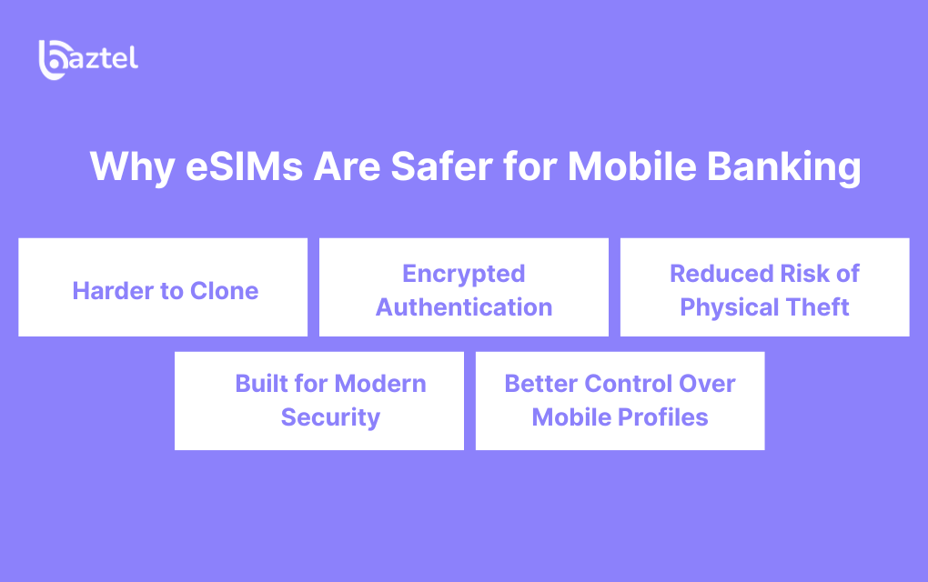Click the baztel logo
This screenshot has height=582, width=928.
[88, 60]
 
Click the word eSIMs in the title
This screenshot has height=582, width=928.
[244, 166]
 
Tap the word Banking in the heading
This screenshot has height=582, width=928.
[783, 167]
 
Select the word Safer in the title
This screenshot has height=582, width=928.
[441, 166]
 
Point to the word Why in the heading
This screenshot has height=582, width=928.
[132, 168]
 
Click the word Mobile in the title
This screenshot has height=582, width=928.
[632, 166]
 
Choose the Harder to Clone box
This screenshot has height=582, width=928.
[163, 286]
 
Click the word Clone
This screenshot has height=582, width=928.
[225, 291]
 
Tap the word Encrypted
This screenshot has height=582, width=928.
[464, 275]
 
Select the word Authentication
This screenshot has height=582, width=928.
[464, 307]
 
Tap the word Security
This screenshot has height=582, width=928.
[330, 418]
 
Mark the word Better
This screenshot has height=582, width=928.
[541, 384]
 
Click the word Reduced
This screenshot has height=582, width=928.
[722, 274]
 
